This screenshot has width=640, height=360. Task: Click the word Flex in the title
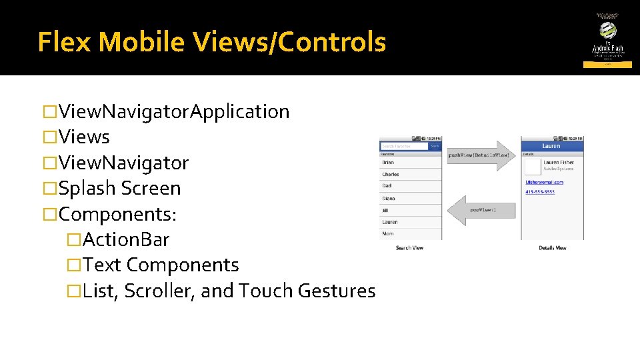[65, 42]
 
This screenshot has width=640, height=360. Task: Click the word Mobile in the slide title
[140, 42]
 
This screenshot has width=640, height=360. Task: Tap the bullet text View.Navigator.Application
[173, 111]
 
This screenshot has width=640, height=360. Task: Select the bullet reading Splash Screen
[119, 188]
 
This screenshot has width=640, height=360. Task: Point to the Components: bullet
[117, 214]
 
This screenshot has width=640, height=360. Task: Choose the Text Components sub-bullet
[161, 265]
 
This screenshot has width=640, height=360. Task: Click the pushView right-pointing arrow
[480, 155]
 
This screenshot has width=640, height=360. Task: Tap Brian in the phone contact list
[388, 162]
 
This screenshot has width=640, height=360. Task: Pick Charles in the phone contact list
[390, 174]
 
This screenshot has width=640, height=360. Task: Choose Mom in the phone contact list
[387, 234]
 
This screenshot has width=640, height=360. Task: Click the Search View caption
[409, 248]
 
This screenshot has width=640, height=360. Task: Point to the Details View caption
[552, 248]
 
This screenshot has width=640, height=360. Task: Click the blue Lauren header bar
[551, 145]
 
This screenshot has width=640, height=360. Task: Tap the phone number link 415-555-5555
[539, 192]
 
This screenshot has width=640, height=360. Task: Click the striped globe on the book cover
[607, 30]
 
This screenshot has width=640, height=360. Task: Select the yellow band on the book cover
[607, 65]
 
